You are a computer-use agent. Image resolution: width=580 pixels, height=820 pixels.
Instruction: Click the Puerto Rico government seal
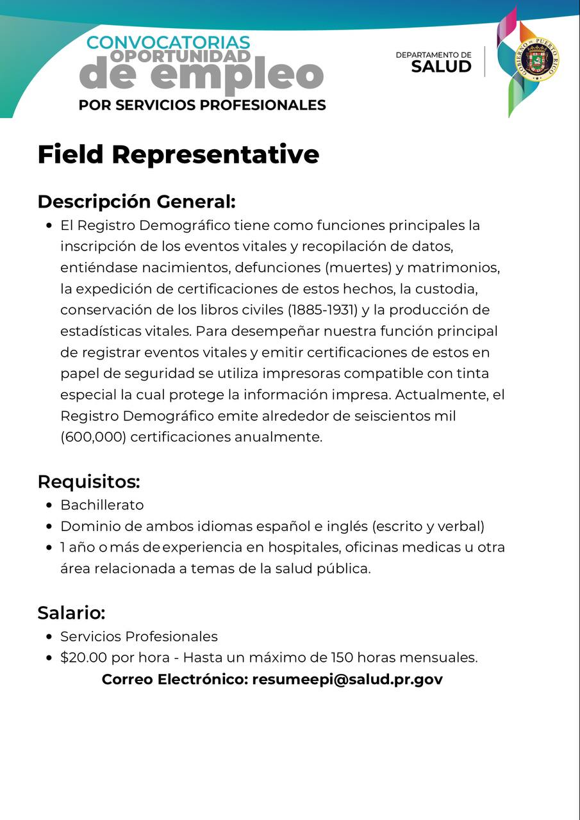pos(538,58)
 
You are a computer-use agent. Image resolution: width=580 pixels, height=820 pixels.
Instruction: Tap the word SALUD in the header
pos(441,67)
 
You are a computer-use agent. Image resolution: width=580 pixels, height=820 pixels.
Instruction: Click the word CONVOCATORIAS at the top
pos(168,42)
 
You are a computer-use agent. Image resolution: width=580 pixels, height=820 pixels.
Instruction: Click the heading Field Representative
pos(178,154)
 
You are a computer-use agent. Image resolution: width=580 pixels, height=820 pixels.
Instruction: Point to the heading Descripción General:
pos(137,201)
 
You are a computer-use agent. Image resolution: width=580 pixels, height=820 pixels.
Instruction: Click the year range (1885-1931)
pos(322,310)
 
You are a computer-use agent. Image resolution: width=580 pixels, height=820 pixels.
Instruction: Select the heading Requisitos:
pos(88,481)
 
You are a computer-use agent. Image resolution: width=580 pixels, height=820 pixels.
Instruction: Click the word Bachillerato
pos(102,505)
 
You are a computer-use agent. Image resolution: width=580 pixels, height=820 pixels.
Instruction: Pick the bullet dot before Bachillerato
pos(49,505)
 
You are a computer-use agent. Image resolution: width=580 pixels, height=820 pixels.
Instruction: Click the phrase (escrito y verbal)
pos(428,527)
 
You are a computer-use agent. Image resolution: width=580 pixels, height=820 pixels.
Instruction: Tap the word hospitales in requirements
pos(304,548)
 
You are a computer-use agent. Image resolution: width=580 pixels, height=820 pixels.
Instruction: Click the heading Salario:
pos(71,612)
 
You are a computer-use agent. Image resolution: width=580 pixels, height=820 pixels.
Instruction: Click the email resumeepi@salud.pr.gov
pos(347,679)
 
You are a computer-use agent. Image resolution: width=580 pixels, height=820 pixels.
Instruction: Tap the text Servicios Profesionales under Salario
pos(139,636)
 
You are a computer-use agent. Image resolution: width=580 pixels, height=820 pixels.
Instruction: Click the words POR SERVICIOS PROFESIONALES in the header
pos(202,104)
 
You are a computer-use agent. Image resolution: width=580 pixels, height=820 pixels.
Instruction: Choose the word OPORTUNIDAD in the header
pos(180,56)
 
